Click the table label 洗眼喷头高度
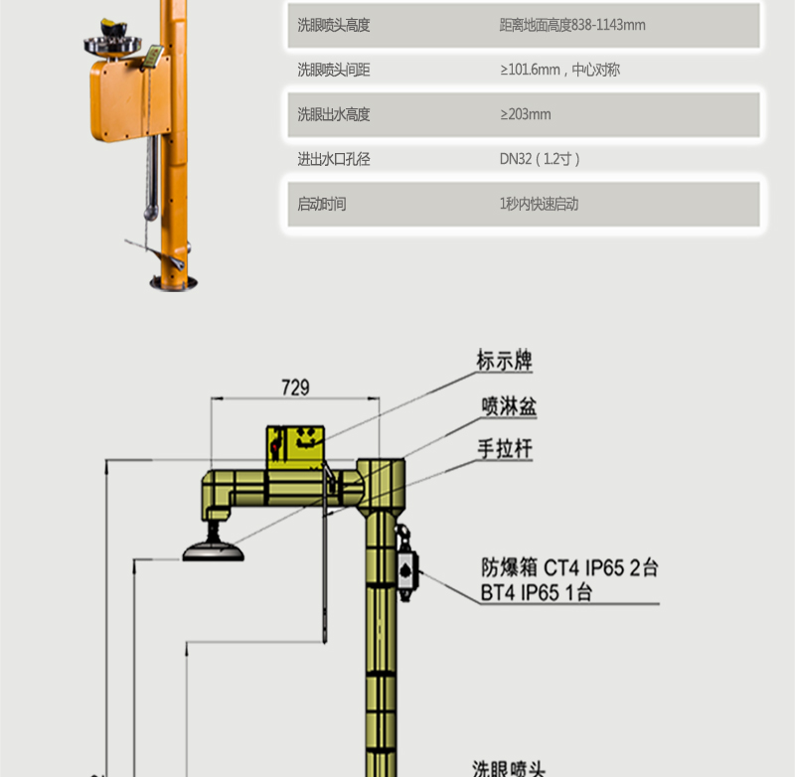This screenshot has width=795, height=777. point(334,25)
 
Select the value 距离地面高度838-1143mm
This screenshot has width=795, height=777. point(572,25)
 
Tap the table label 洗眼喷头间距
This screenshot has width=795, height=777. point(334,70)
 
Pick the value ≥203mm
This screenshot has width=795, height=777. point(526,114)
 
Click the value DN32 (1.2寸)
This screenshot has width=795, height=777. point(540,159)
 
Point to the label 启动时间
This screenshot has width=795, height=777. point(321,204)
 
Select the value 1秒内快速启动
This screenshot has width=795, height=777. point(539,204)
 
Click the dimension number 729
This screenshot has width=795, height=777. point(295,388)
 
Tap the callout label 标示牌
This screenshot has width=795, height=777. point(504,361)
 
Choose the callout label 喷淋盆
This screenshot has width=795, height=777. point(509,406)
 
